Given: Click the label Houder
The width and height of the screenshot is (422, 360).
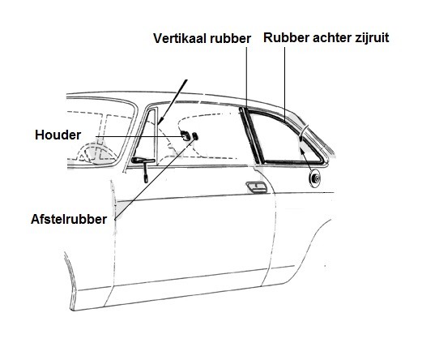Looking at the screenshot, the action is click(x=58, y=135).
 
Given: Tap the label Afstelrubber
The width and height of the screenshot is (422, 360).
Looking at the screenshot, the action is click(x=69, y=219).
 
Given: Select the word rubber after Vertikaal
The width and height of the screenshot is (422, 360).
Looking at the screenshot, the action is click(x=230, y=38).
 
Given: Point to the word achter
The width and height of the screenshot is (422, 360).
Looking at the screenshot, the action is click(x=332, y=37).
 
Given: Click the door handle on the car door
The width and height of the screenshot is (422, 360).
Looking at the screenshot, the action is click(x=257, y=187).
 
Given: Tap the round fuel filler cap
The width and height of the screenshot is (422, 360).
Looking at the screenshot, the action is click(x=314, y=178).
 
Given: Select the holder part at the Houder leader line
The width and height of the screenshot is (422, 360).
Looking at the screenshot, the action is click(x=185, y=135).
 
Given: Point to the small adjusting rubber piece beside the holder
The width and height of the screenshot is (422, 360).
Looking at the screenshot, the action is click(x=195, y=136).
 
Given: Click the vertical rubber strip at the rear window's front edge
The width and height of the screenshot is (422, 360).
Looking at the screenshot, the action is click(x=249, y=135).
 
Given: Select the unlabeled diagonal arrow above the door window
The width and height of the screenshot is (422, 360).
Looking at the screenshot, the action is click(x=173, y=102).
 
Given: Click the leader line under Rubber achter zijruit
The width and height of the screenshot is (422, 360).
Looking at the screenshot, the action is click(x=284, y=84).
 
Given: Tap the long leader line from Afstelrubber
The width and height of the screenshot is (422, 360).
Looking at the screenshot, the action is click(x=156, y=178).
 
